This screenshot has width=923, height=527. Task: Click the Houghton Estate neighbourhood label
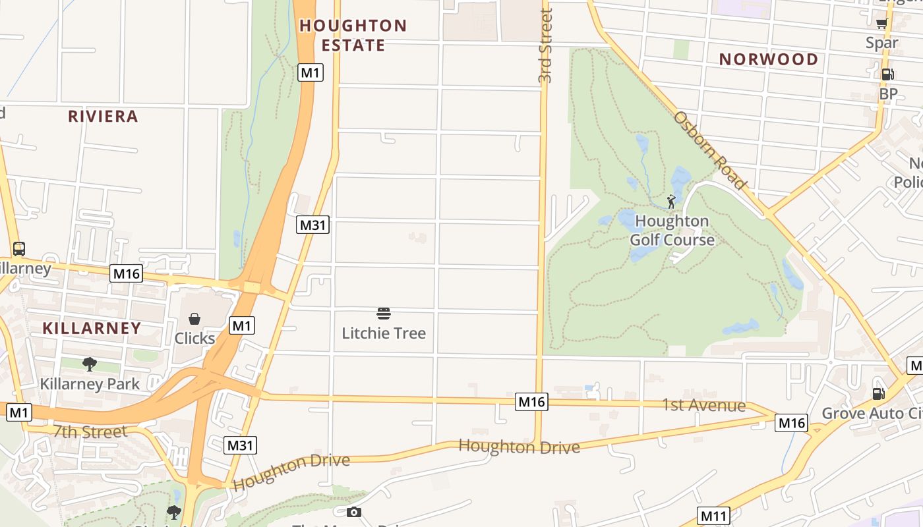click(353, 36)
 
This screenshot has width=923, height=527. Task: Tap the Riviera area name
click(103, 117)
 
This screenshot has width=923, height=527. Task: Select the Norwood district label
click(768, 59)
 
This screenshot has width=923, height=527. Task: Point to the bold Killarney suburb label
click(92, 328)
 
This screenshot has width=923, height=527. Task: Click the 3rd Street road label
click(545, 46)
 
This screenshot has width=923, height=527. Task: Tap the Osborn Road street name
click(709, 150)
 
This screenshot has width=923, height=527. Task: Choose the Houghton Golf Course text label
click(672, 230)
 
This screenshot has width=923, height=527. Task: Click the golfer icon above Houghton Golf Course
click(671, 202)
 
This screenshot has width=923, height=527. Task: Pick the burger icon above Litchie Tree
click(384, 313)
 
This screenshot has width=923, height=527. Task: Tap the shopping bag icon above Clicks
click(194, 319)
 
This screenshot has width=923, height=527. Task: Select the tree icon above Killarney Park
click(90, 364)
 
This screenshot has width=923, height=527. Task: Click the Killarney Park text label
click(90, 384)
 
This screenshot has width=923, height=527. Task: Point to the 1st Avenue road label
click(703, 405)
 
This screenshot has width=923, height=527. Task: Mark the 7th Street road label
click(90, 432)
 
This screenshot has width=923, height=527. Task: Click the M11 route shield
click(713, 516)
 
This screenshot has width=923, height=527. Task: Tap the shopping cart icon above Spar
click(881, 24)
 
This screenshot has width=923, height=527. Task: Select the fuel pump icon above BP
click(887, 74)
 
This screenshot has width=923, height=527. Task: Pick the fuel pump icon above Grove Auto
click(878, 394)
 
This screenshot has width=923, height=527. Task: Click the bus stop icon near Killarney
click(19, 249)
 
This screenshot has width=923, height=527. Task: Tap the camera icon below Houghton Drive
click(354, 512)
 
